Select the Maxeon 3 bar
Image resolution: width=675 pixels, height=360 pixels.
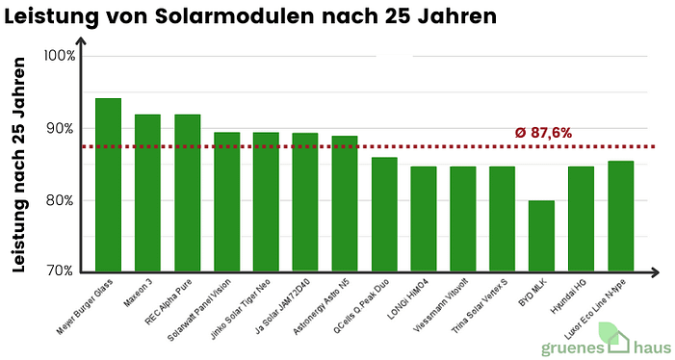pos(147,193)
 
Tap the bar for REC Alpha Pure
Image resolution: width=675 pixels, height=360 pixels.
pos(187,193)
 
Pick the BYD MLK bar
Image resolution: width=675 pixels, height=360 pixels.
pos(542,236)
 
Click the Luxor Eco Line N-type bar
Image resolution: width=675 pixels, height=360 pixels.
pos(621,216)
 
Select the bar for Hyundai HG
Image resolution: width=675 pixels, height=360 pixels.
pos(582,219)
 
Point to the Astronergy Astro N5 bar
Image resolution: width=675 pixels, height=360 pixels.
pos(345,203)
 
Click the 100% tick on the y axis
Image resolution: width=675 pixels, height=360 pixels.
pos(60,56)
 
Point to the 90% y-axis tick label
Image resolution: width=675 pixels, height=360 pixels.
pos(61,129)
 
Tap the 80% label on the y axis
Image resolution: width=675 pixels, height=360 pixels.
pos(61,201)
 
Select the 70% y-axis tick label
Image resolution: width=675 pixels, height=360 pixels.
pos(61,272)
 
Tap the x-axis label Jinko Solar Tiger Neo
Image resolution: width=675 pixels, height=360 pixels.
pos(242,306)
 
